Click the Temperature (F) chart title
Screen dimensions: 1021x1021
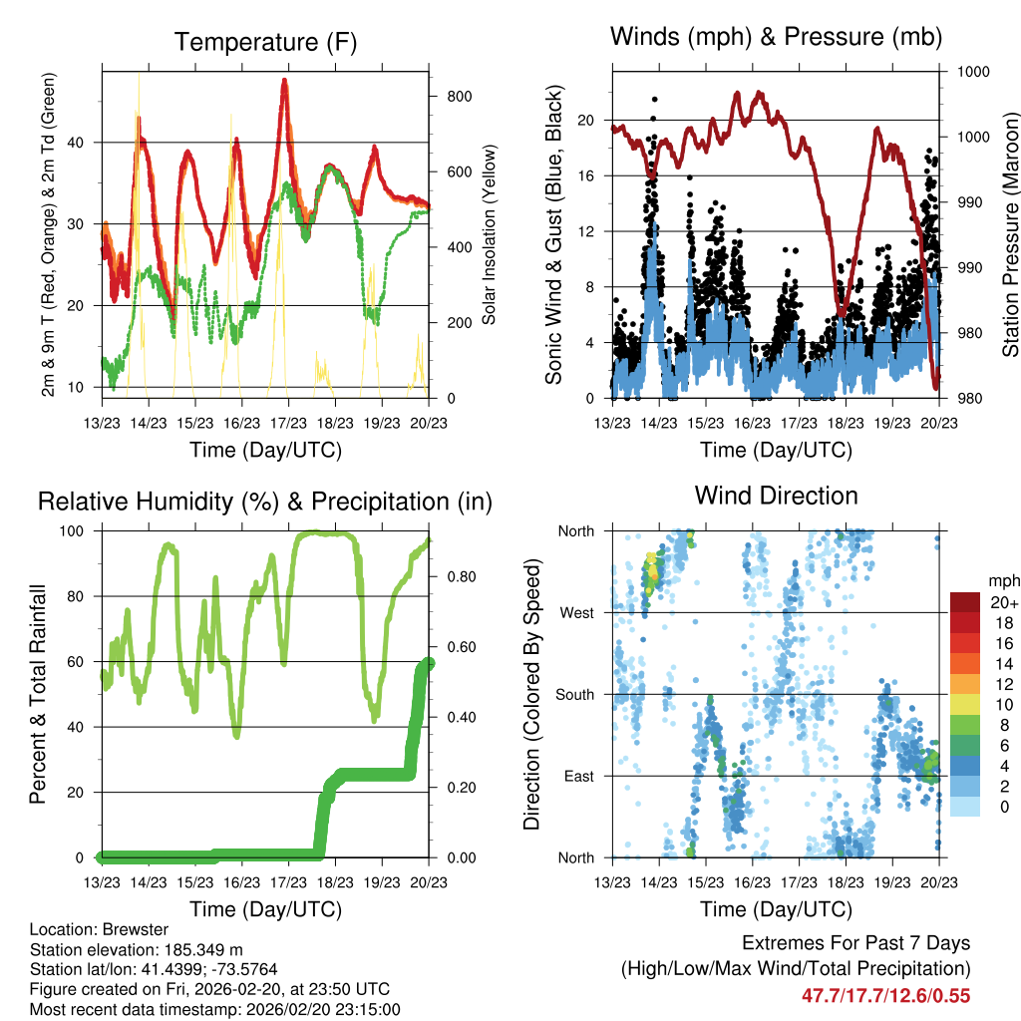(265, 43)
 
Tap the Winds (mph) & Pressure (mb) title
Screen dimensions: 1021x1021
(776, 38)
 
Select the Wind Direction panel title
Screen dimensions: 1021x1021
(776, 496)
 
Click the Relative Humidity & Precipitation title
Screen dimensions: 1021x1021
(265, 502)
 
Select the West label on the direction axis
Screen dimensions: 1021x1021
(576, 612)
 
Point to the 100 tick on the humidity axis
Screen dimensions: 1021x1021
(79, 531)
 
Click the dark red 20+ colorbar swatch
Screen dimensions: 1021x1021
(965, 602)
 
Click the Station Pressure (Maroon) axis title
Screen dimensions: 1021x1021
(1009, 234)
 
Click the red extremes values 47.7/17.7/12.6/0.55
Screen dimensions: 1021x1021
(885, 995)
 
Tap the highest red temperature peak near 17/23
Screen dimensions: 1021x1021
(284, 82)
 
